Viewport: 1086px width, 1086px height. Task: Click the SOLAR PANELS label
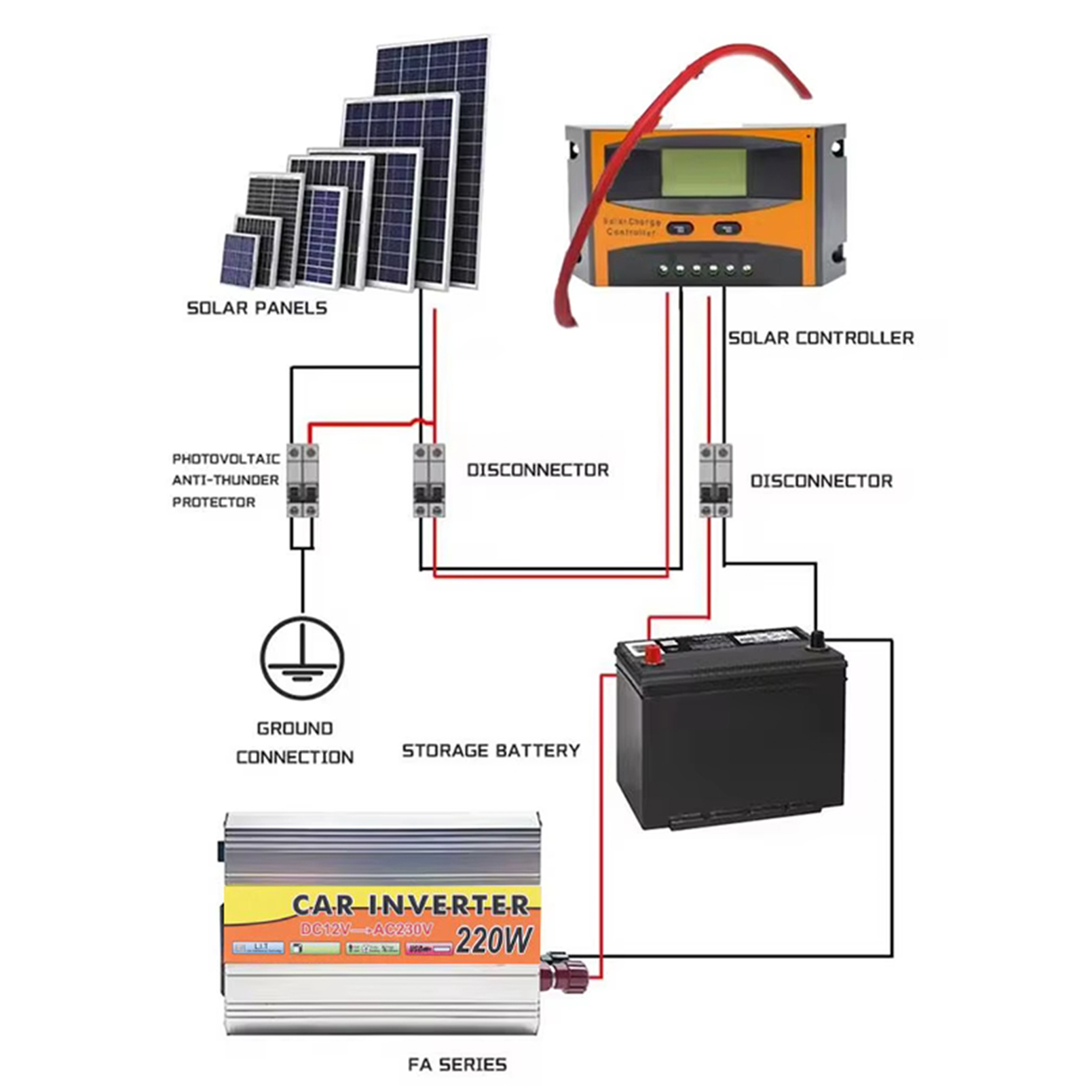(257, 308)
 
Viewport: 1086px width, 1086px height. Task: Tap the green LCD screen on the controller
(703, 172)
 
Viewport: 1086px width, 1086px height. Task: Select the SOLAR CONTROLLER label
(821, 338)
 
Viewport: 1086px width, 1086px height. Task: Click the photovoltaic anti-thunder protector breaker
(302, 481)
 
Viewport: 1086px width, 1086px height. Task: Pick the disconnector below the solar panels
(429, 481)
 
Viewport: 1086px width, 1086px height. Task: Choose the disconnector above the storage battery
(715, 481)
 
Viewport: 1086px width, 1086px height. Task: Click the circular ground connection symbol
(303, 658)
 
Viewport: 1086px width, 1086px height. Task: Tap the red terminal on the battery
(653, 655)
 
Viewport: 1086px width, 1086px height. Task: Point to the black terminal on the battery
(817, 639)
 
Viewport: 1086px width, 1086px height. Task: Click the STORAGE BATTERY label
(491, 751)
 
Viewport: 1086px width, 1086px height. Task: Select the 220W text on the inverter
(493, 941)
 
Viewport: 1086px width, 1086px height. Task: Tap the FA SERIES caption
(457, 1064)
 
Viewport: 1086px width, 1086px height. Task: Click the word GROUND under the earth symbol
(295, 729)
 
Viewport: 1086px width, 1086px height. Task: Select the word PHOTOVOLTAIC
(225, 459)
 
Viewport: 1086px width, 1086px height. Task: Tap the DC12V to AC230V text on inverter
(367, 929)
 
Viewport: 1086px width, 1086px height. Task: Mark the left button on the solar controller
(679, 228)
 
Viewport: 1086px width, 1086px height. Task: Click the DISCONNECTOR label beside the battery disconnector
(821, 481)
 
